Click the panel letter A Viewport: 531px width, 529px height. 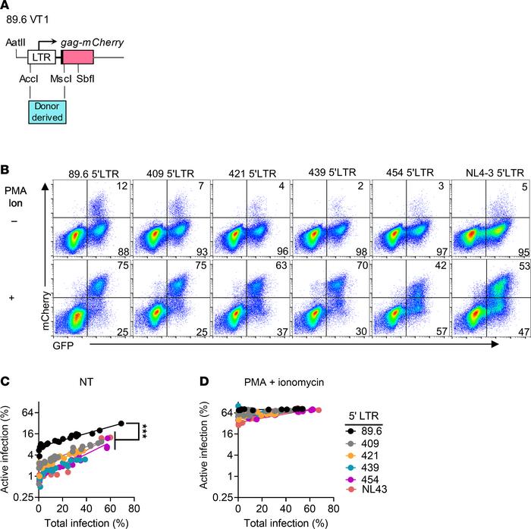click(7, 8)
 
